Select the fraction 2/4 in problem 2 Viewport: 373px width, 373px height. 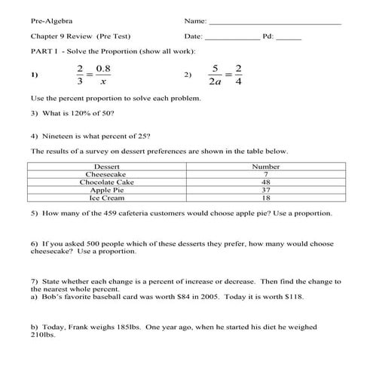pos(239,75)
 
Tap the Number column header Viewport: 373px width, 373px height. pos(266,167)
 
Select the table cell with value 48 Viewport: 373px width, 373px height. pos(266,182)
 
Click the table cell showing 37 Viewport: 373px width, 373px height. pos(266,191)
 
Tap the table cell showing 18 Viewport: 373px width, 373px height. pos(266,199)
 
